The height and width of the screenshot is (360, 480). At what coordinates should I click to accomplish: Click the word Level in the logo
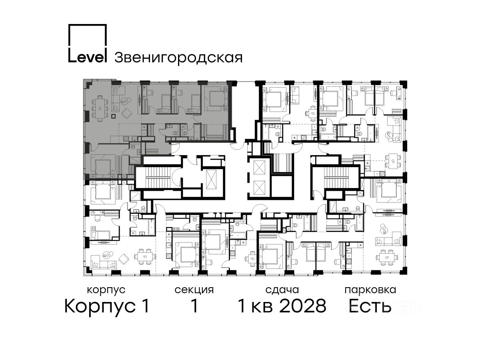pos(88,57)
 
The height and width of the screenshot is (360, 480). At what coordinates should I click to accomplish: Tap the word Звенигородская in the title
pos(178,58)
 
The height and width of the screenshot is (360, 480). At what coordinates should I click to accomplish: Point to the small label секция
pos(194,290)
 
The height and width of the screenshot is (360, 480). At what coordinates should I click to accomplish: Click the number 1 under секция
pos(194,306)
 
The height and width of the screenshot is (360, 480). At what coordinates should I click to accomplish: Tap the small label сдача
pos(282,290)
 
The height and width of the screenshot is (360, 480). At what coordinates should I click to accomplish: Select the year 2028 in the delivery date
pos(303,306)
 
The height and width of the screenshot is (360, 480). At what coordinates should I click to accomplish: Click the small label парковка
pos(370,290)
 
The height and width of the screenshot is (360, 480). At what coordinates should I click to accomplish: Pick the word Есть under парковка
pos(370,306)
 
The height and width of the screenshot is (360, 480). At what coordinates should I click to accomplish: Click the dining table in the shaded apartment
pos(100,108)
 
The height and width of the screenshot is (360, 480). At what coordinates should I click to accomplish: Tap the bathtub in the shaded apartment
pos(197,132)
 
